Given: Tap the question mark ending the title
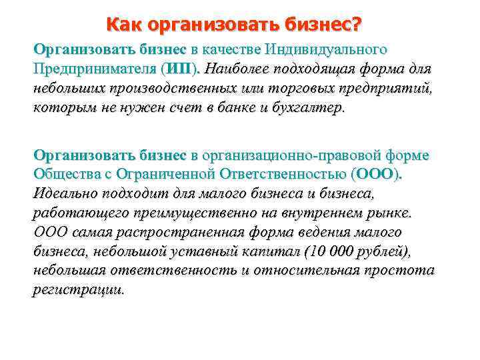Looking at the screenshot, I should tap(357, 26).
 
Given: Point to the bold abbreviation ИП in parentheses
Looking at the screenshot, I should tap(179, 69).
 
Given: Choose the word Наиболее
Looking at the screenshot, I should tap(237, 69).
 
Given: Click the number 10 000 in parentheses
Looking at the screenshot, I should tap(329, 252).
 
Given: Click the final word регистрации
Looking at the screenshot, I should tap(78, 291).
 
